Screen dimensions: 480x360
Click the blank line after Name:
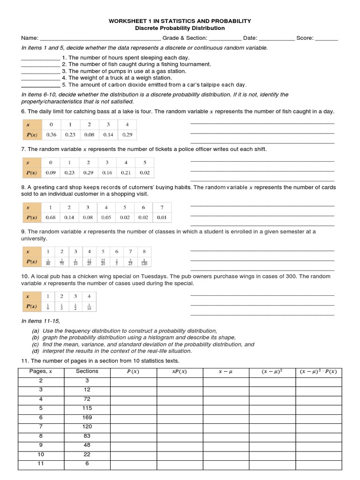tap(101, 38)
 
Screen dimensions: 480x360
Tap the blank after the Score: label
tap(327, 38)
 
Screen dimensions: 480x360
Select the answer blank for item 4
tap(40, 78)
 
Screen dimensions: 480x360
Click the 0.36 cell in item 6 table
tap(51, 135)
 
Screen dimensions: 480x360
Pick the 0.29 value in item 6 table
tap(127, 135)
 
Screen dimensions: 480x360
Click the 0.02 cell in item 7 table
tap(144, 172)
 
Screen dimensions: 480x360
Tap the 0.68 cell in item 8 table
tap(51, 217)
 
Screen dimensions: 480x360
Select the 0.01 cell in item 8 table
tap(162, 217)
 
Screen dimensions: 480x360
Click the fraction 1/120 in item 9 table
tap(144, 262)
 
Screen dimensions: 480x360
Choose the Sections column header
tap(87, 371)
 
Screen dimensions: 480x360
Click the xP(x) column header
tap(180, 372)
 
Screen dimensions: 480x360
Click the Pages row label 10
tap(41, 454)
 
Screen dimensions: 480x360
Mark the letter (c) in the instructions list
tap(35, 344)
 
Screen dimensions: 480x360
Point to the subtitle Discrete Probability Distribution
tap(180, 28)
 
